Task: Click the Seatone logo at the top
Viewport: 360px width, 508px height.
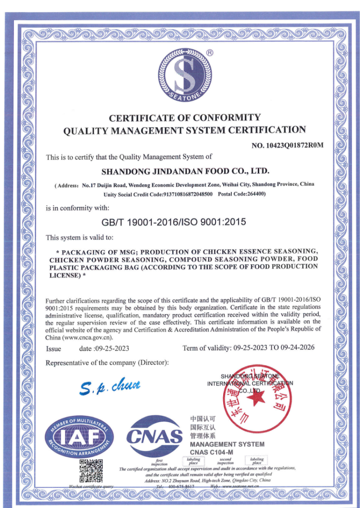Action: click(185, 75)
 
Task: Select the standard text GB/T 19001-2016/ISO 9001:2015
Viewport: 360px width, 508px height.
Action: click(174, 222)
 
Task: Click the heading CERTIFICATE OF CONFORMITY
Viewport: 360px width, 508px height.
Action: click(185, 118)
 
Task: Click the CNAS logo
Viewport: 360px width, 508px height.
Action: click(155, 436)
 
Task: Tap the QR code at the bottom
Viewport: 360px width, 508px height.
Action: click(91, 471)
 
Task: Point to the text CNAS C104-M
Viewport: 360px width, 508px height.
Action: click(212, 452)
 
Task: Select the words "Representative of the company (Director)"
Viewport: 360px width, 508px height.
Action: click(107, 363)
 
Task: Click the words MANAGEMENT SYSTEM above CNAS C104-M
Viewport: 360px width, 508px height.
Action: click(227, 444)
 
